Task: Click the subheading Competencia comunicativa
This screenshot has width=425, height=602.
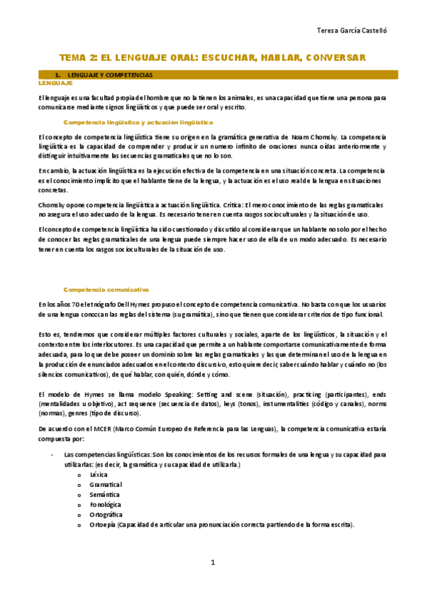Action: pos(106,290)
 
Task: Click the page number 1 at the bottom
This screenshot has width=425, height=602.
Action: pos(212,563)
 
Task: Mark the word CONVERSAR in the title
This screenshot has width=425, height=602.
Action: pos(335,58)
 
